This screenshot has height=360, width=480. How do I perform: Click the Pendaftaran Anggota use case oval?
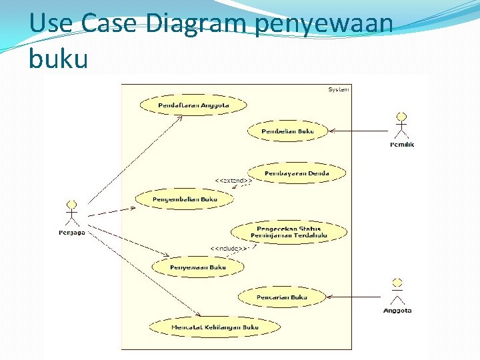(x=193, y=105)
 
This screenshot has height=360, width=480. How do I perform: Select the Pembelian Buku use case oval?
(x=287, y=131)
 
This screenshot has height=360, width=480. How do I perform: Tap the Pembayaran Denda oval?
(x=296, y=173)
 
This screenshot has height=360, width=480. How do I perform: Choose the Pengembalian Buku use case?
(x=185, y=199)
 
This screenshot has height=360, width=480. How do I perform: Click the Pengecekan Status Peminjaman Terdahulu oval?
(x=289, y=232)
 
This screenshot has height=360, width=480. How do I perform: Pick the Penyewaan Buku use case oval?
(x=197, y=267)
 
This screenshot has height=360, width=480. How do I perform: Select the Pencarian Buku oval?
(x=281, y=297)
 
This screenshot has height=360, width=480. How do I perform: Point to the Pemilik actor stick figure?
(x=401, y=126)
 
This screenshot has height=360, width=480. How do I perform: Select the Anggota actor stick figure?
(x=397, y=291)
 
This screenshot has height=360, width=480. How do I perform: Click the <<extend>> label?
(x=232, y=181)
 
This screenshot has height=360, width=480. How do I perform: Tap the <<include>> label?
(x=229, y=249)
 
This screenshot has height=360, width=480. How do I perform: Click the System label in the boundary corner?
(x=338, y=89)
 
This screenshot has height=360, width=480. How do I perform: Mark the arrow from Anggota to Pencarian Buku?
(x=353, y=297)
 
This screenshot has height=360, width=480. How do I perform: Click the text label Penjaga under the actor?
(x=71, y=233)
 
